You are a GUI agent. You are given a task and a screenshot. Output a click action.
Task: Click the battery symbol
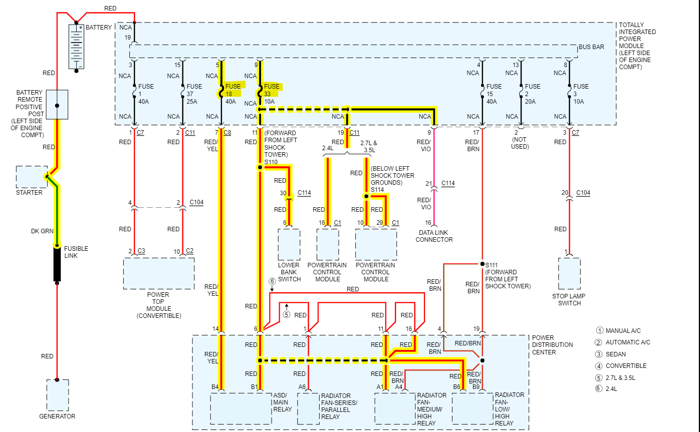point(77,46)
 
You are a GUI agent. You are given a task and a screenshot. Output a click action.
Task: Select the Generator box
point(58,395)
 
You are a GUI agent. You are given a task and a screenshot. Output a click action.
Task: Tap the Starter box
point(32,177)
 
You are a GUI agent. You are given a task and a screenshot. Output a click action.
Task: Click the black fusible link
point(57,264)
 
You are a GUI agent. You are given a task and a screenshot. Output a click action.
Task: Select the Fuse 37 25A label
point(194,94)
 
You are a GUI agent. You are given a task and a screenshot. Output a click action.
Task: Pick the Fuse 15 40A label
point(494,94)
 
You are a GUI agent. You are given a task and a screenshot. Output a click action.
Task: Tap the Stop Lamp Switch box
point(569,273)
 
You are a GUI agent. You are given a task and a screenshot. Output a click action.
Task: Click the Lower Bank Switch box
point(289,245)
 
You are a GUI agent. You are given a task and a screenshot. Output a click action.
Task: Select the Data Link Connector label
point(434,236)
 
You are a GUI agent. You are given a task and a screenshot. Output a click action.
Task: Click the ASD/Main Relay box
point(241,408)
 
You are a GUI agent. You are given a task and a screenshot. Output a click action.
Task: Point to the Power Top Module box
point(159,273)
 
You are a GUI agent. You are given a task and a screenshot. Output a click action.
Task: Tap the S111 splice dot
point(482,264)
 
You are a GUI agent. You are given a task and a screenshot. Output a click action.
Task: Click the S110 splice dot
point(260,167)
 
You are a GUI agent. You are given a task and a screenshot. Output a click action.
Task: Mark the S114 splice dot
point(366,197)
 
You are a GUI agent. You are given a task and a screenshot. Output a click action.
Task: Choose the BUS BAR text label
point(591,47)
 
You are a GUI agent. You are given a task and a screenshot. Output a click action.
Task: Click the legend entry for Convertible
point(626,365)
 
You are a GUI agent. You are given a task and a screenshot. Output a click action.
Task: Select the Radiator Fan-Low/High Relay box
point(473,408)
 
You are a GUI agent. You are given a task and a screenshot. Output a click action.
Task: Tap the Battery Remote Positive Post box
point(57,105)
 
